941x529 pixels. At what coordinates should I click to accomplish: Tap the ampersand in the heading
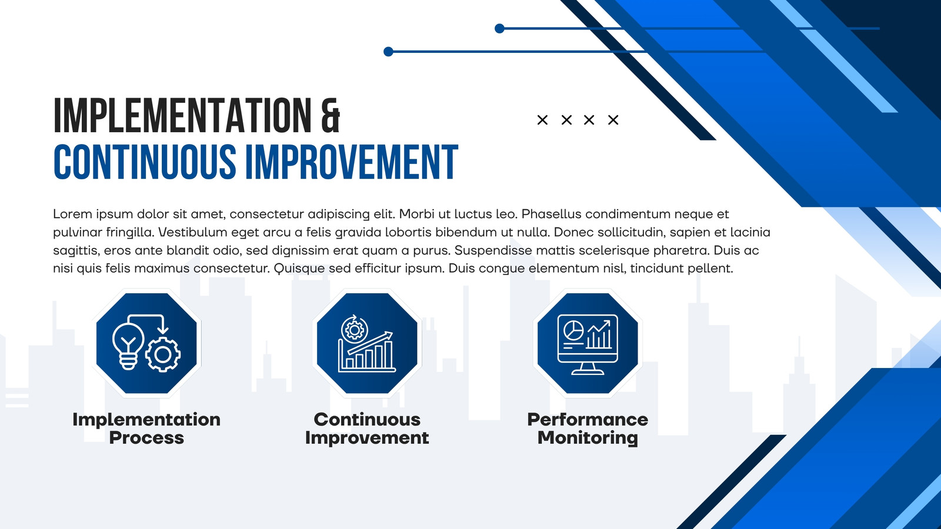[x=331, y=115]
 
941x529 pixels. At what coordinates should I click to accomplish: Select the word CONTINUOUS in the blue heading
[x=145, y=162]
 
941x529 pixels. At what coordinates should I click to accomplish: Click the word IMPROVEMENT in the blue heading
[x=352, y=162]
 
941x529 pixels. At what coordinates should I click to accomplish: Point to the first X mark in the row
[x=542, y=120]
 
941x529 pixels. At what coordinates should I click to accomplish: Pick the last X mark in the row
[x=613, y=120]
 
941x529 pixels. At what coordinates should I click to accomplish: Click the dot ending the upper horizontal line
[x=499, y=29]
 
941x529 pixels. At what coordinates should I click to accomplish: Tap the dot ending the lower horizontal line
[x=389, y=52]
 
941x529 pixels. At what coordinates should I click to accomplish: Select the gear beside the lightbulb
[x=163, y=355]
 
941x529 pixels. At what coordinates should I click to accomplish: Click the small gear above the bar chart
[x=354, y=330]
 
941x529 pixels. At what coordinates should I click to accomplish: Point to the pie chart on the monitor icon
[x=573, y=330]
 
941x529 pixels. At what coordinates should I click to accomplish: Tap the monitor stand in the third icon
[x=588, y=369]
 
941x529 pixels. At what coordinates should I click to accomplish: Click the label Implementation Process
[x=146, y=428]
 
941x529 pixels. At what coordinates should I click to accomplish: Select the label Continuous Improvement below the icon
[x=367, y=428]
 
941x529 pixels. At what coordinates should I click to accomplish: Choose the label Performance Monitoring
[x=588, y=428]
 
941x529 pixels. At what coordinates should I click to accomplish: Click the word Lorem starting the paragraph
[x=72, y=214]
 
